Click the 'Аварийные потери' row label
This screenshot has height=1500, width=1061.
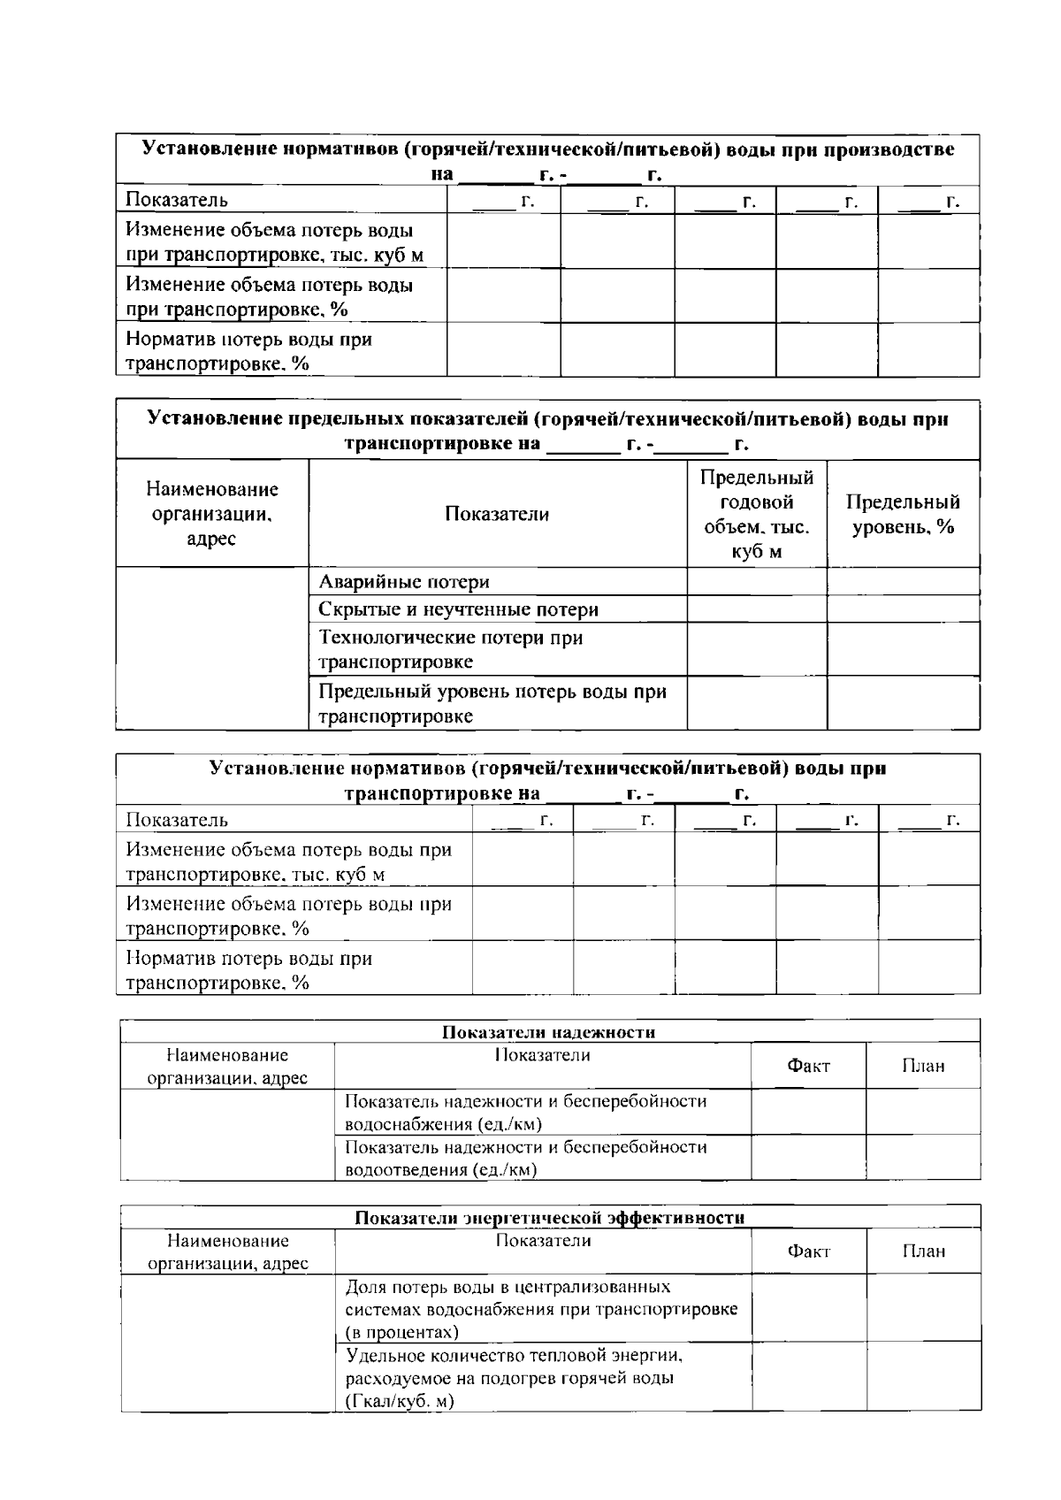coord(404,582)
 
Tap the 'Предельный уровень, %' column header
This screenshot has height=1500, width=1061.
coord(903,515)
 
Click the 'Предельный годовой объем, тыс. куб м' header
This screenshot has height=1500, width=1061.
coord(757,515)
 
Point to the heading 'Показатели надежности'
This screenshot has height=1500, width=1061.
coord(548,1032)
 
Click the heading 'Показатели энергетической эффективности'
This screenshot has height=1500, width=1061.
coord(548,1218)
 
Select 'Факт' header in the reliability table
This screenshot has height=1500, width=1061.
coord(808,1066)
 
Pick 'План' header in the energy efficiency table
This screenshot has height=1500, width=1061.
coord(923,1251)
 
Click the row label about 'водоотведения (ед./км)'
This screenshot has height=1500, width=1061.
coord(525,1158)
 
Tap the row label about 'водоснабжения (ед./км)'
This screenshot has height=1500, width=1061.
coord(525,1113)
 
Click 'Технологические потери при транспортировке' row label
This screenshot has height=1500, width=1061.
coord(450,649)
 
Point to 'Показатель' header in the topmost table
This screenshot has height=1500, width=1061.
coord(177,200)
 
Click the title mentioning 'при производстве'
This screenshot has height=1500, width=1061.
coord(548,160)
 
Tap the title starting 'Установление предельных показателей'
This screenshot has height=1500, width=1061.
coord(548,430)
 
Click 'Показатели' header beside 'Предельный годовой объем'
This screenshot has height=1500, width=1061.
coord(497,515)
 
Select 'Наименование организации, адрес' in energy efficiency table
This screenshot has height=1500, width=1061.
coord(228,1251)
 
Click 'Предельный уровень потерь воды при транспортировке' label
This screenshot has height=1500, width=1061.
coord(492,703)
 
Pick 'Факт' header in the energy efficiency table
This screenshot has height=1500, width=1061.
coord(808,1251)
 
